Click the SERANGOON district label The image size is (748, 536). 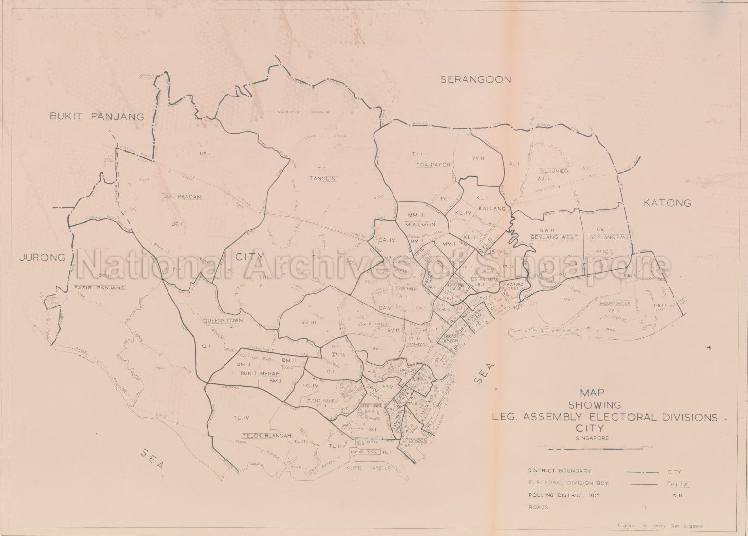475,80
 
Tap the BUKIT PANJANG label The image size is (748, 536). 97,116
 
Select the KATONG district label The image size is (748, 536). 667,203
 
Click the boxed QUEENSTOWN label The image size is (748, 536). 224,320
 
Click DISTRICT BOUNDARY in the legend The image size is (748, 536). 560,471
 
